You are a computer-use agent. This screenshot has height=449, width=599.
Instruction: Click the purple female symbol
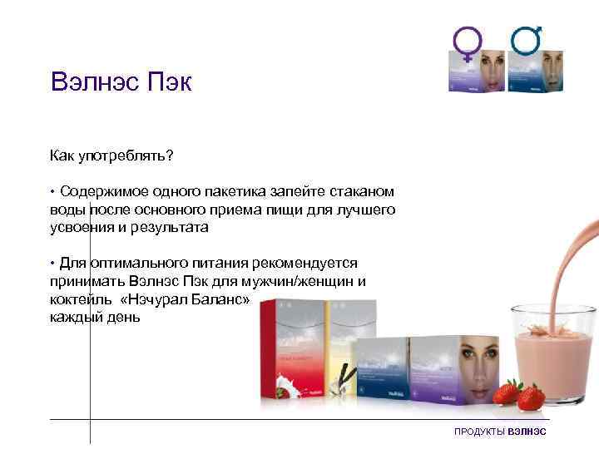pos(468,42)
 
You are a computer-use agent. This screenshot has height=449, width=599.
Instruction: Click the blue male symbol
pos(525,38)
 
